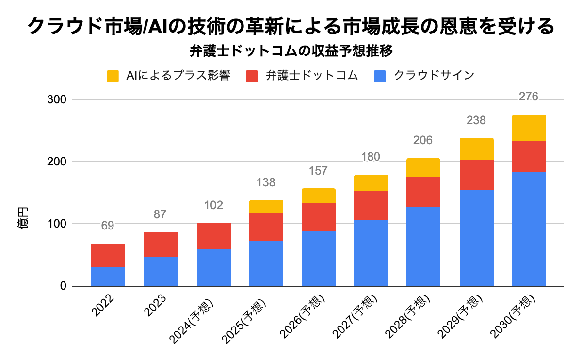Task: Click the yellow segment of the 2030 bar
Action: [x=529, y=128]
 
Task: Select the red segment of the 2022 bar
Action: [x=108, y=255]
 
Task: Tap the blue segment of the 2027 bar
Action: [x=371, y=253]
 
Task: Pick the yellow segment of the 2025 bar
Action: [x=266, y=206]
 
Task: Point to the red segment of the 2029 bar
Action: [x=477, y=175]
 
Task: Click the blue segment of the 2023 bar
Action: [x=161, y=271]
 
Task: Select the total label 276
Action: [x=529, y=97]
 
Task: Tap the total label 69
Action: [x=108, y=226]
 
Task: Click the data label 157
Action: [x=318, y=171]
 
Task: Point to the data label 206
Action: [x=423, y=141]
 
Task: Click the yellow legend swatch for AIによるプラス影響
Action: [x=113, y=76]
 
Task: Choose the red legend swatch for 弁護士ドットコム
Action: [x=252, y=76]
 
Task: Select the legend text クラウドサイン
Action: [x=434, y=76]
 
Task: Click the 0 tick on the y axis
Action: [x=63, y=286]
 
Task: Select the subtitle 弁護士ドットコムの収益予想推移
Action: [x=291, y=50]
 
